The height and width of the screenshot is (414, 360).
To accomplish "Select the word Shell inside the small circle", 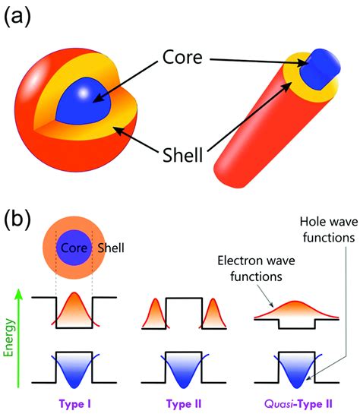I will click(114, 248).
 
